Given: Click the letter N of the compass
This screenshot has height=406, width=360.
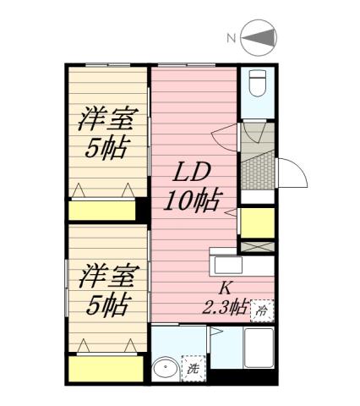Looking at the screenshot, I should pyautogui.click(x=231, y=38).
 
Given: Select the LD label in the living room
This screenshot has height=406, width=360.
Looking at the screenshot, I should pyautogui.click(x=193, y=173).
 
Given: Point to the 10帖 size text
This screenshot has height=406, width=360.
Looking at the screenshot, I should pyautogui.click(x=194, y=200).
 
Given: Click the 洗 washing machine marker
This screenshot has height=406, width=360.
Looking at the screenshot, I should pyautogui.click(x=193, y=368).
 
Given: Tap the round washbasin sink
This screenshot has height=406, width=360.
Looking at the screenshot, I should pyautogui.click(x=166, y=369).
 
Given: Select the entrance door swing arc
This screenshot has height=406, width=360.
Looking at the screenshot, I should pyautogui.click(x=290, y=174).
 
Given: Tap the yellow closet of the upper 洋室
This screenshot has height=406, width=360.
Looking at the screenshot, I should pyautogui.click(x=101, y=211).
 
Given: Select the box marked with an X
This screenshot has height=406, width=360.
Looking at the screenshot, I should pyautogui.click(x=256, y=247).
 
